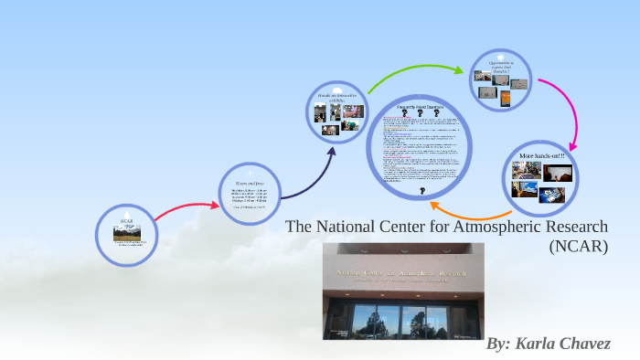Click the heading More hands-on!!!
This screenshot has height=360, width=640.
pyautogui.click(x=542, y=156)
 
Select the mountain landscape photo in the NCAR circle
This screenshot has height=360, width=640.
pyautogui.click(x=126, y=234)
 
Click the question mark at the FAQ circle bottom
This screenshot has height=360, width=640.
pyautogui.click(x=421, y=194)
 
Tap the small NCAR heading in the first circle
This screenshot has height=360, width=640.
pyautogui.click(x=126, y=221)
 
